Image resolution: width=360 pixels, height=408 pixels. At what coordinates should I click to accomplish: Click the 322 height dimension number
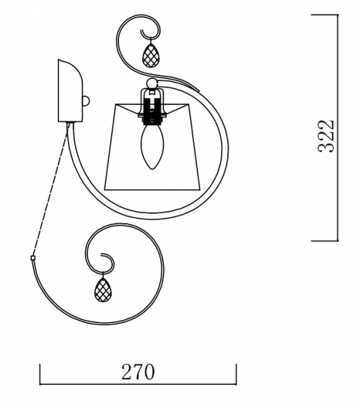click(325, 136)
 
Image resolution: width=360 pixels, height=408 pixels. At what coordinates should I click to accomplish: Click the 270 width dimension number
click(138, 372)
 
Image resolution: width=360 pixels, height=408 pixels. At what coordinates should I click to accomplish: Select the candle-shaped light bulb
click(151, 146)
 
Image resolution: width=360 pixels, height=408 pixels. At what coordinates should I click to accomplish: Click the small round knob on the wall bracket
click(86, 101)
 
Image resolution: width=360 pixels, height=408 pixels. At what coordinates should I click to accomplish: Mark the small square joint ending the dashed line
click(33, 258)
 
